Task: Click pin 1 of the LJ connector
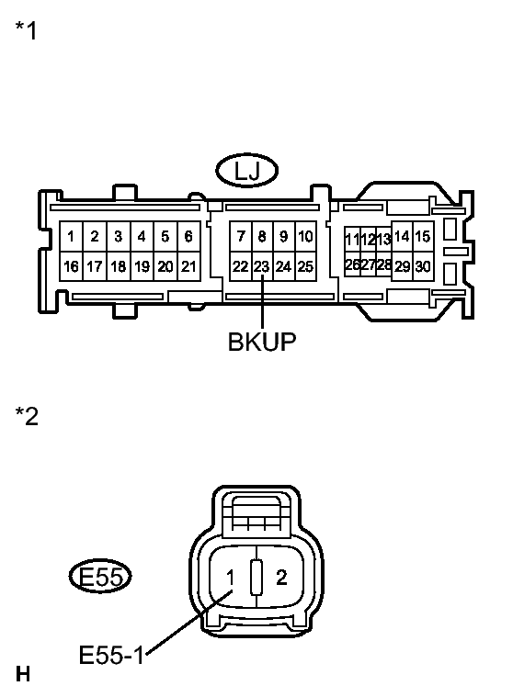[71, 237]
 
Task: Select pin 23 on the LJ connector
[262, 266]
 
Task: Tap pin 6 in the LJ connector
[188, 237]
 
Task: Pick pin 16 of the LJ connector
[71, 266]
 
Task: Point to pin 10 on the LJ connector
[305, 237]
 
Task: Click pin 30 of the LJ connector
[423, 266]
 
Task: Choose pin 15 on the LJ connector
[423, 237]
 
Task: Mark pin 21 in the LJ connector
[188, 266]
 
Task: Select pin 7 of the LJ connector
[241, 237]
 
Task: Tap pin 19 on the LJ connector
[142, 266]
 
